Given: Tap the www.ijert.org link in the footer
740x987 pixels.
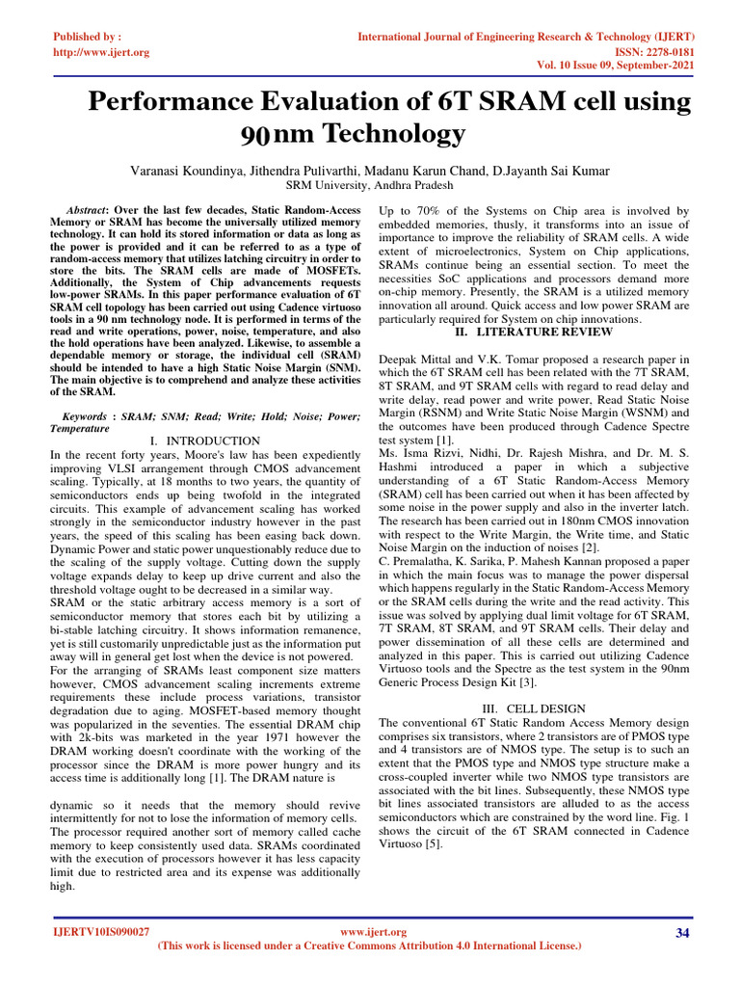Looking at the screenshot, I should tap(375, 932).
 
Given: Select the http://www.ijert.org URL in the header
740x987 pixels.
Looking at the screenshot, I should tap(100, 52).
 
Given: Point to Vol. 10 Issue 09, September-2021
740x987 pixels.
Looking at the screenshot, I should tap(617, 67).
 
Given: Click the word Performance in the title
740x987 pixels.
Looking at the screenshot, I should tap(176, 101).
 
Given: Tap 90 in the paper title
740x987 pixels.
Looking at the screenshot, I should tap(258, 133).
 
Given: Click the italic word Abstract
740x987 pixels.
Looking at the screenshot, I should tap(85, 209).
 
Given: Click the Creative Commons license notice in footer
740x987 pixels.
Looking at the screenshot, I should tap(369, 947).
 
